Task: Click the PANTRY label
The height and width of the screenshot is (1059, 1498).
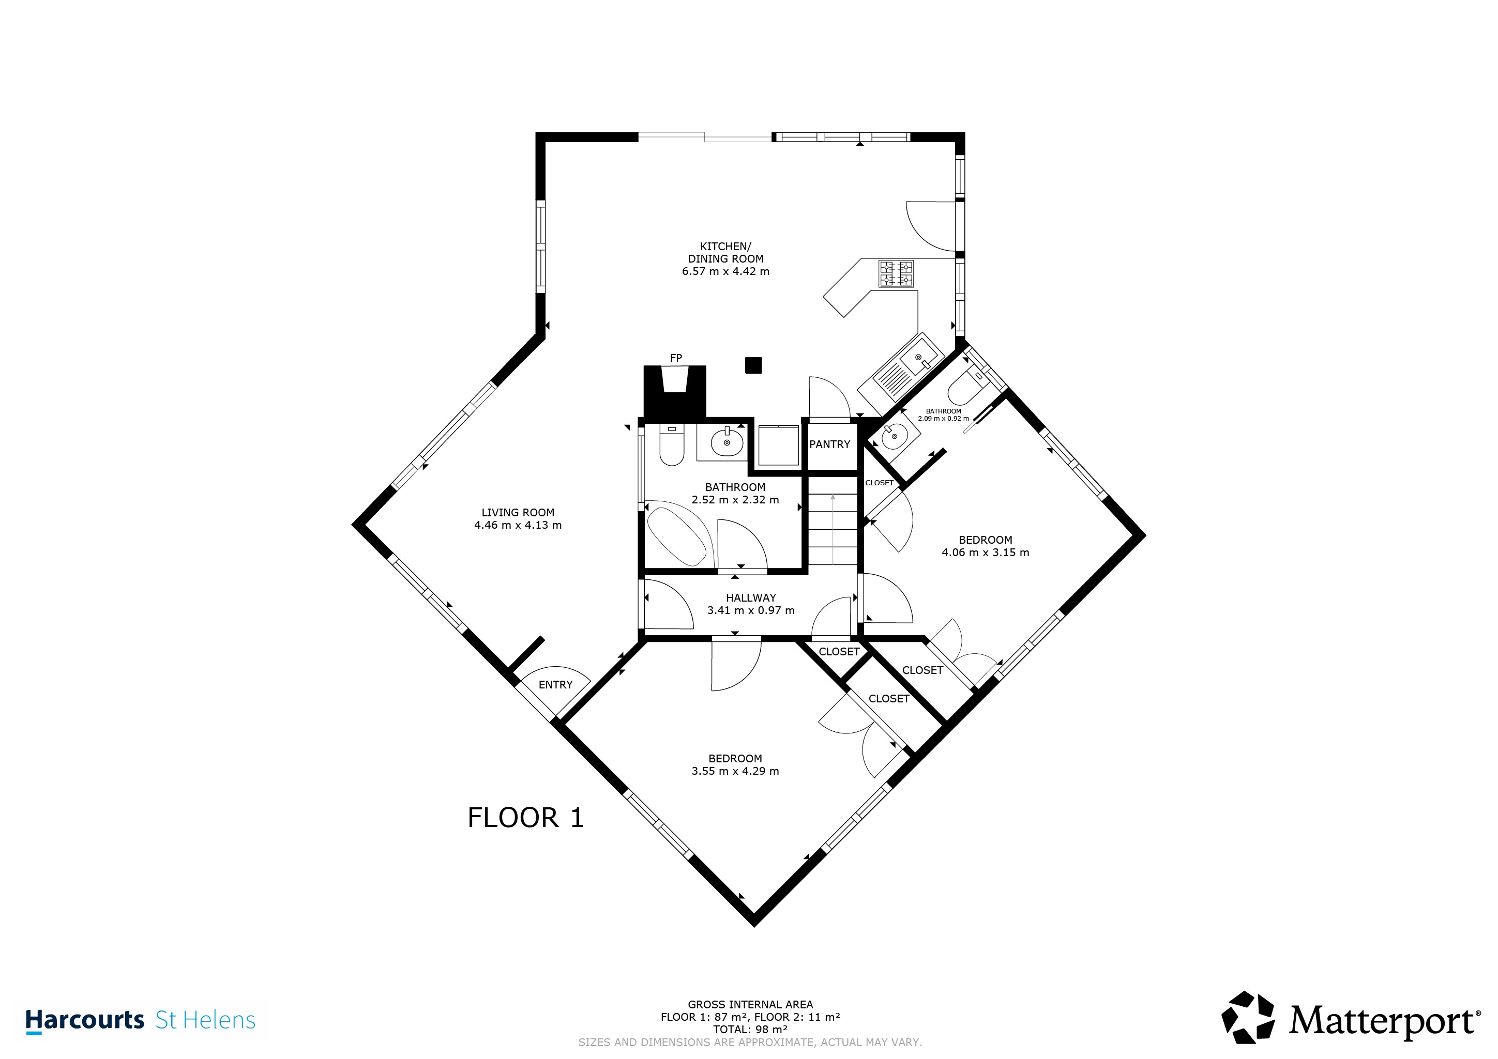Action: click(x=829, y=444)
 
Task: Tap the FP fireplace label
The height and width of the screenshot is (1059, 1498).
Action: click(x=676, y=358)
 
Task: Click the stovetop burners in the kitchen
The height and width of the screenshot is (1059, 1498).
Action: click(x=896, y=273)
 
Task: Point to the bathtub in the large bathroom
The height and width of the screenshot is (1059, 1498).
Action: click(x=676, y=533)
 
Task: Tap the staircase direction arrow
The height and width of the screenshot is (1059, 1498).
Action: click(x=833, y=529)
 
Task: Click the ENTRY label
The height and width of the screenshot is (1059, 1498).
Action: click(x=555, y=685)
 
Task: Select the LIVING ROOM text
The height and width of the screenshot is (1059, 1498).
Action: click(x=518, y=513)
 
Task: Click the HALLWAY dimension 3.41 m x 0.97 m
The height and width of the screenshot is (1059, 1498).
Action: click(x=751, y=610)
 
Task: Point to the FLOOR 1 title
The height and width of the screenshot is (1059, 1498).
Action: click(x=525, y=818)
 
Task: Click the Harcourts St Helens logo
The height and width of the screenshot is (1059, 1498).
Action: click(x=140, y=1021)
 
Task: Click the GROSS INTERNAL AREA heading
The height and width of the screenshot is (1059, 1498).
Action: click(x=750, y=1005)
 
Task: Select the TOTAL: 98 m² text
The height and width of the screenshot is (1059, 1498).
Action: click(x=750, y=1030)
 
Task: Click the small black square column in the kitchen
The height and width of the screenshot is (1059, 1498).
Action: click(x=753, y=365)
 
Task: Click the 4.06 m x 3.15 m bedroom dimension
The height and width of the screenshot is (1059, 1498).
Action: click(x=985, y=552)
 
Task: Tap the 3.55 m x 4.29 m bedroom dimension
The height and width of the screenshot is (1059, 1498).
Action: click(x=735, y=771)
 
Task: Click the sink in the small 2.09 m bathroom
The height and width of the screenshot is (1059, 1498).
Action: click(x=895, y=436)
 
